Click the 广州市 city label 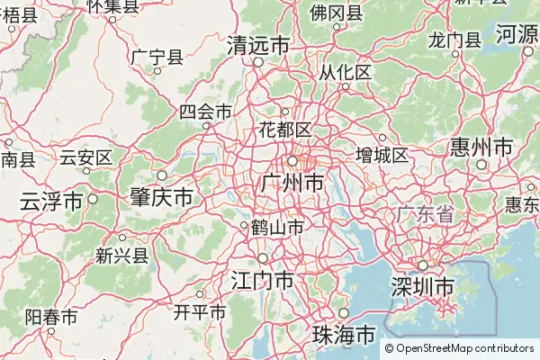pos(291,184)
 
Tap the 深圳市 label pos(422,287)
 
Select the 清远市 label pos(258,45)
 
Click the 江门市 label pos(262,280)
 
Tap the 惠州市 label pos(481,147)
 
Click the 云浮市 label pos(51,200)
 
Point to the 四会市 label pos(205,112)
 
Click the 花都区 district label pos(285,129)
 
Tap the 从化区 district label pos(345,72)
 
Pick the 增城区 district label pos(382,155)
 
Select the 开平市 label pos(199,312)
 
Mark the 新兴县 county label pos(121,256)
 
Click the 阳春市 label pos(50,317)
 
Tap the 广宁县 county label pos(157,57)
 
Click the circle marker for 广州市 pos(292,161)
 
